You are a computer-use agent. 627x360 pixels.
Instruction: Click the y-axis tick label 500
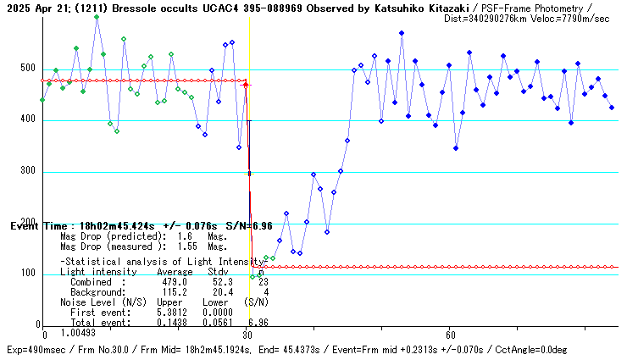[29, 69]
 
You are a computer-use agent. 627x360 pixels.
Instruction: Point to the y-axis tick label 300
[29, 172]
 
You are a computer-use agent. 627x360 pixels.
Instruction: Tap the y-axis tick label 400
[29, 120]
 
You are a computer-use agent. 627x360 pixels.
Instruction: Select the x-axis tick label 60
[451, 335]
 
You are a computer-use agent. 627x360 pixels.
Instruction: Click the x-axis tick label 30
[247, 335]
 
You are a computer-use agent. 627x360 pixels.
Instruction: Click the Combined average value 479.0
[175, 282]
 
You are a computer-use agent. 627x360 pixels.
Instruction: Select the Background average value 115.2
[175, 292]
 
